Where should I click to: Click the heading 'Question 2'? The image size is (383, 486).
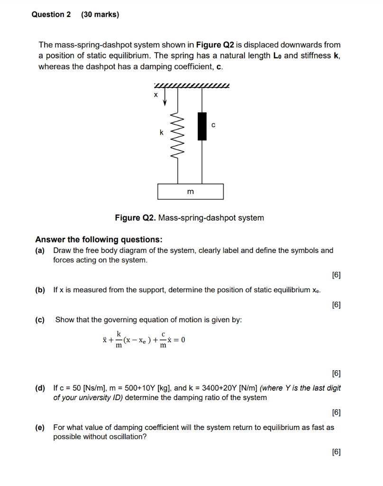[51, 15]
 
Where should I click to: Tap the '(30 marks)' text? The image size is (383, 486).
[100, 15]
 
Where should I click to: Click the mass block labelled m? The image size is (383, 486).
[191, 192]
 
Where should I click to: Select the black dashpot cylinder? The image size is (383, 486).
[202, 126]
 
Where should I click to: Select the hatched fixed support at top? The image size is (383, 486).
[191, 86]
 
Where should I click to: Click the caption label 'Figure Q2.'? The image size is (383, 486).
[136, 218]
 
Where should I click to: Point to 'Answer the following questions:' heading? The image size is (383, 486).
[99, 239]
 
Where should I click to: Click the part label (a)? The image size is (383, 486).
[40, 250]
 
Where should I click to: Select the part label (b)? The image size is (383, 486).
[40, 290]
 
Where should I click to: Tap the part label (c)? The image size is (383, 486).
[40, 320]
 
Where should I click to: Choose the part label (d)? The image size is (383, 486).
[40, 388]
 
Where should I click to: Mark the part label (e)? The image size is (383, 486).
[40, 427]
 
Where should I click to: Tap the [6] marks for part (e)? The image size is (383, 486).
[336, 452]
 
